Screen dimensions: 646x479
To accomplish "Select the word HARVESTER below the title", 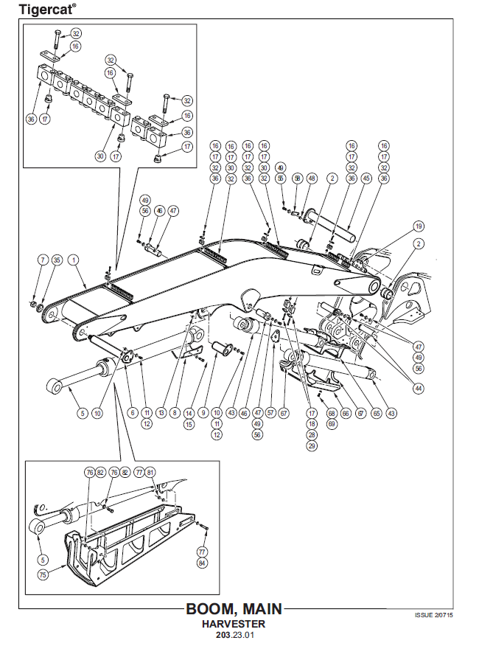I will (235, 624).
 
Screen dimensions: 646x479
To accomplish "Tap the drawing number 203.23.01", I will (235, 634).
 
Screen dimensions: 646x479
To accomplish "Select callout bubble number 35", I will (57, 260).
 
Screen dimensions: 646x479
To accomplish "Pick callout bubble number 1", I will (74, 260).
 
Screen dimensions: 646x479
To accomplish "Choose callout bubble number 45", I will (367, 178).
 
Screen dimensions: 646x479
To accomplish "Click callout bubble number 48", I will (312, 178).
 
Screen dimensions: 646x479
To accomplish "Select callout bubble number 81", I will (151, 473).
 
